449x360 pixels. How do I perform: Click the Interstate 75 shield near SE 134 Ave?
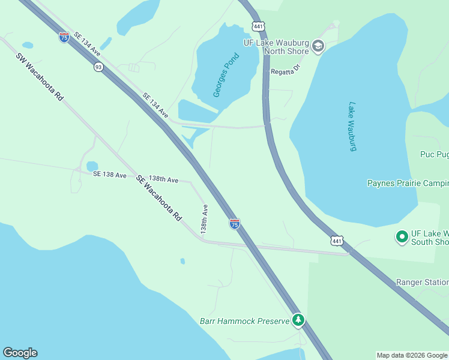[64, 37]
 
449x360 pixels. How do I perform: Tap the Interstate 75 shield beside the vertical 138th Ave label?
[235, 224]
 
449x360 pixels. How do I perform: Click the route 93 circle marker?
[98, 67]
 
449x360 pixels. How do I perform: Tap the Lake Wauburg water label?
[353, 126]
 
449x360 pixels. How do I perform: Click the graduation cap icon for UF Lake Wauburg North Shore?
[318, 46]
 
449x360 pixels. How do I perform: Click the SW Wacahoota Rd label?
[40, 77]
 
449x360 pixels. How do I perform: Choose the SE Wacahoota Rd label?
[158, 199]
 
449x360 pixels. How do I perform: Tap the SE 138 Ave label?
[110, 175]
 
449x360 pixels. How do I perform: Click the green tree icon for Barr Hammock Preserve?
[298, 320]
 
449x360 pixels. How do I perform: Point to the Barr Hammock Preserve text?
[245, 321]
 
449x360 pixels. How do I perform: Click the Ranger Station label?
[422, 282]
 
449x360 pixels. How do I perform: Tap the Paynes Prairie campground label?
[408, 183]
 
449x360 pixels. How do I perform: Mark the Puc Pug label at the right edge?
[434, 154]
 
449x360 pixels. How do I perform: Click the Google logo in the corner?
[20, 353]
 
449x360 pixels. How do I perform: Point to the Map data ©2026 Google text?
[412, 355]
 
